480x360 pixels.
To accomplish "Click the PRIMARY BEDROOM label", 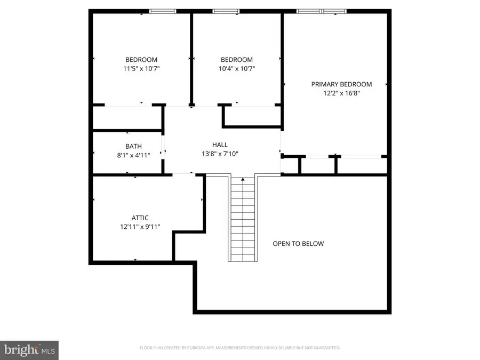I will [341, 84].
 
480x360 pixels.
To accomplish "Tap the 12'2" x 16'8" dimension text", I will [341, 93].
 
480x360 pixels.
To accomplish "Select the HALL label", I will [220, 145].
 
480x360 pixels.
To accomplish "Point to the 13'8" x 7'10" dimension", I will [220, 154].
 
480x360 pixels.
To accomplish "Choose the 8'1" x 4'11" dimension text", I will [133, 155].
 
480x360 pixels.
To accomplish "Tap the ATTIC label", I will [140, 218].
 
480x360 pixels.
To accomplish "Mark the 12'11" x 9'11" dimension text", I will [140, 227].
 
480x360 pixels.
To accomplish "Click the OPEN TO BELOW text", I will [298, 244].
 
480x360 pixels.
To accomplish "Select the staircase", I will [243, 219].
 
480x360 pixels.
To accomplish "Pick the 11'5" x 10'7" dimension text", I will [141, 68].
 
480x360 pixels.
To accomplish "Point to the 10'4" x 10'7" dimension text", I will [237, 68].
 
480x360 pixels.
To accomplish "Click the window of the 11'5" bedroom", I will [163, 11].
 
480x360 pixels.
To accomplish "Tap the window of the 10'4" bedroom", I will [226, 11].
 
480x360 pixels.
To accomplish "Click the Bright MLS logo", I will [29, 350].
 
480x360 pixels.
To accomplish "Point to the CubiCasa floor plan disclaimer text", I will [240, 348].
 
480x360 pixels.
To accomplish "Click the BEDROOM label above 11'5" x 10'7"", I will [141, 60].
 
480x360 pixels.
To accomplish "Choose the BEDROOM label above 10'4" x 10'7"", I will [237, 60].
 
